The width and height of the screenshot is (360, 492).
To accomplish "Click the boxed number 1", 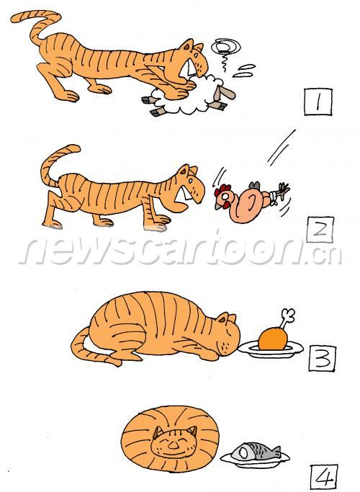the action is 318,102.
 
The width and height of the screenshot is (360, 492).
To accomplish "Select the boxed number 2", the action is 320,230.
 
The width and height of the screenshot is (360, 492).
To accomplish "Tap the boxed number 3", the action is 323,358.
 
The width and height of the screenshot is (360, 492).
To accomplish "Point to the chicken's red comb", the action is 222,190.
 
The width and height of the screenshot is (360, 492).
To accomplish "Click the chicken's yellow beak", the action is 217,206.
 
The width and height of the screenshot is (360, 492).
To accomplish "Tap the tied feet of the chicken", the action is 281,192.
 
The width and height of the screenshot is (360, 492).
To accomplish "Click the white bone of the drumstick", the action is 287,318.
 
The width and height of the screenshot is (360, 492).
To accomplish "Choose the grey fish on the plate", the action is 256,452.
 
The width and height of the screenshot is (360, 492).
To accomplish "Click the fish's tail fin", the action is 276,451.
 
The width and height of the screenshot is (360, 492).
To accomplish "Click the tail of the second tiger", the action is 55,164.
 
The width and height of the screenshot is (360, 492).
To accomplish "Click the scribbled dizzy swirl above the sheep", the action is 225,47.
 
